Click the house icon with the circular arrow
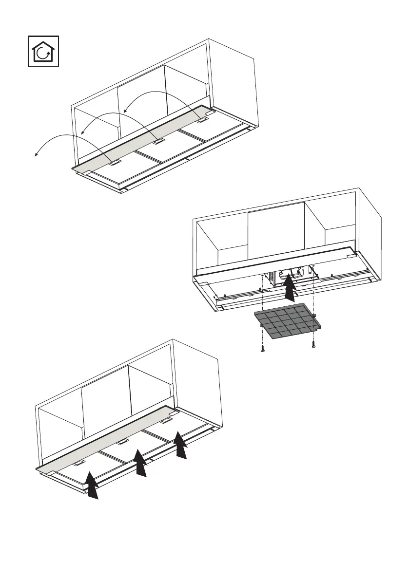point(43,51)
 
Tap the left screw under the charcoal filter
point(263,348)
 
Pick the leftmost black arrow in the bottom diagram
point(91,485)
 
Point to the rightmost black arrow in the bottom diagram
point(181,444)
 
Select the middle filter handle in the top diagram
point(157,143)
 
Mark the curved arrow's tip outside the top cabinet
point(35,155)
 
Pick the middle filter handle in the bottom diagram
point(122,441)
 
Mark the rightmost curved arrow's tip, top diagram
point(123,112)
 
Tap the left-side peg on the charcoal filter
point(262,324)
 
